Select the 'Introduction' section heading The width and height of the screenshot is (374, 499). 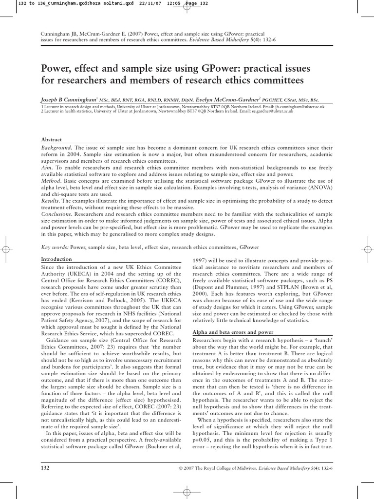(56, 259)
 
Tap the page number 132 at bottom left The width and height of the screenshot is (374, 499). (47, 468)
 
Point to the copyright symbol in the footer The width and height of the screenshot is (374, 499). (181, 468)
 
